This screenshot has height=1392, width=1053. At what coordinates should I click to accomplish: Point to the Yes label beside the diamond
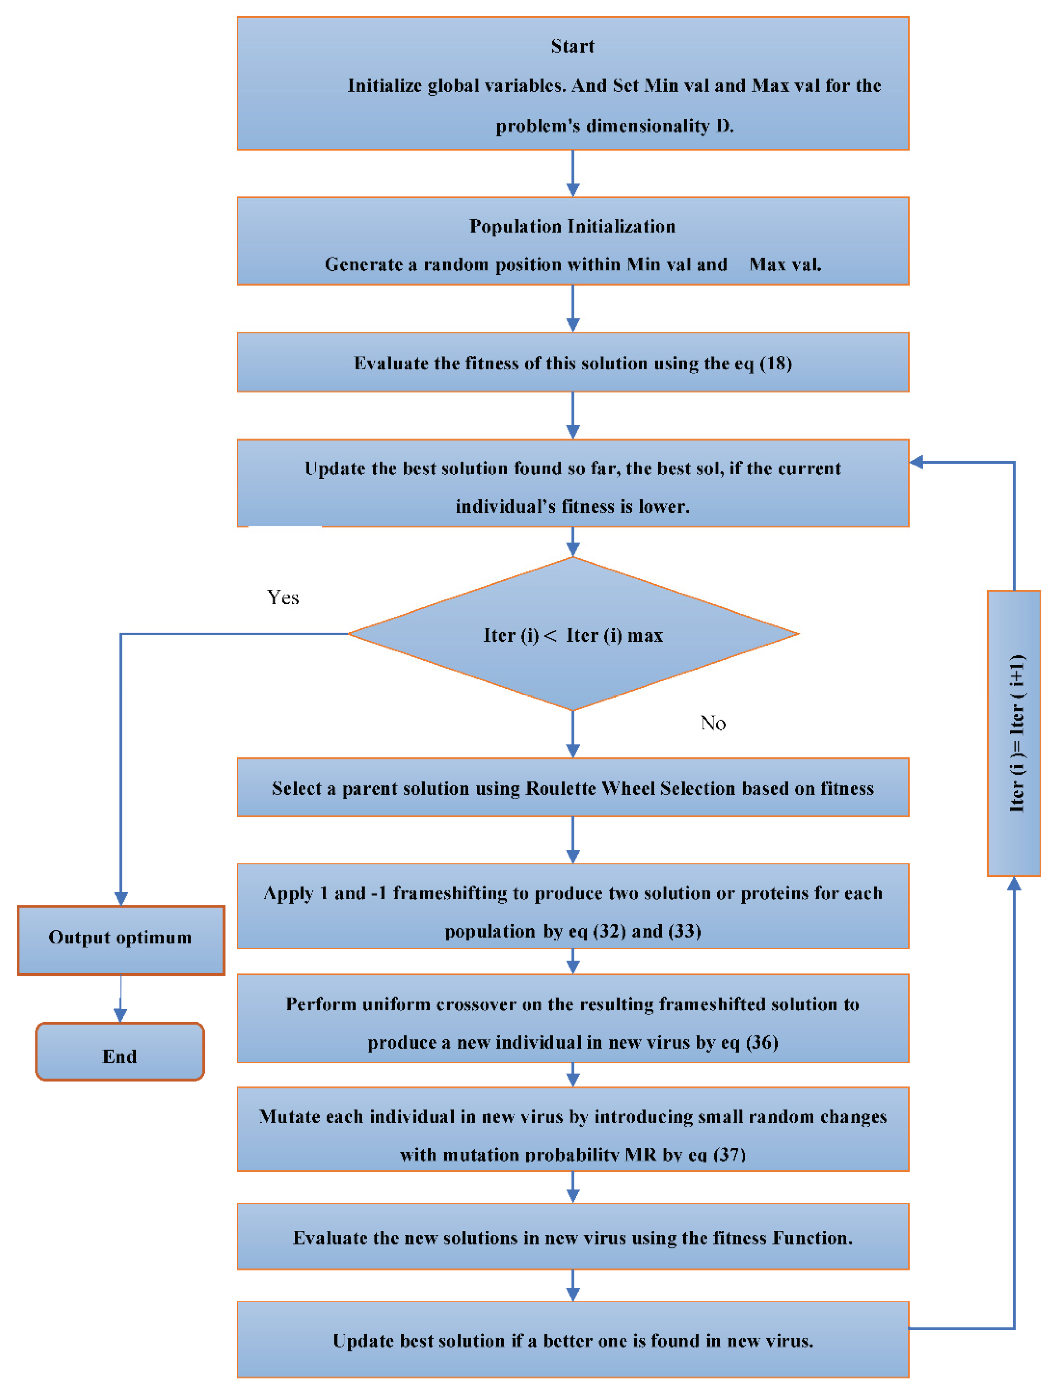(x=283, y=597)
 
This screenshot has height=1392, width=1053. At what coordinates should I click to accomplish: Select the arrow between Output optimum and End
(x=120, y=1000)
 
